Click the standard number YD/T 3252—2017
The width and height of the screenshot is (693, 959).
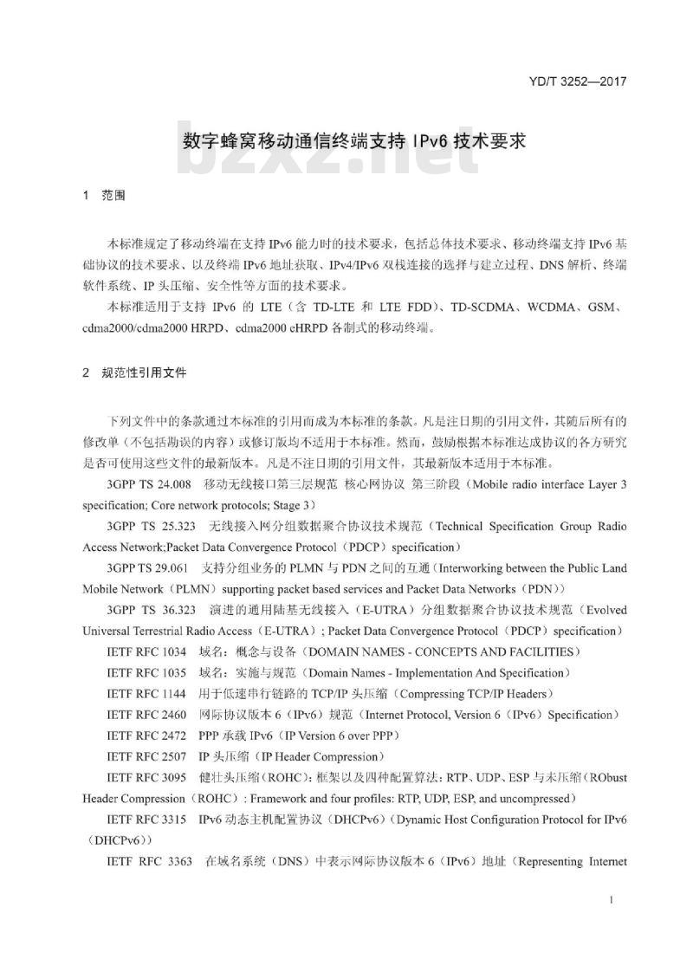point(575,82)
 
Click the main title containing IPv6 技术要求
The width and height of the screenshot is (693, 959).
point(354,140)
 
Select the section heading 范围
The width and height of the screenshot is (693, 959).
point(113,196)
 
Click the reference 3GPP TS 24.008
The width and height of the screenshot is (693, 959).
point(149,483)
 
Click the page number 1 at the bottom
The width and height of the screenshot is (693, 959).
point(612,901)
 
